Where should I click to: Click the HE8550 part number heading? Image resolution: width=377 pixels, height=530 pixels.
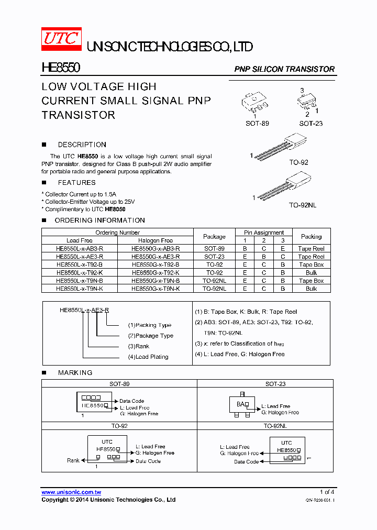pos(61,69)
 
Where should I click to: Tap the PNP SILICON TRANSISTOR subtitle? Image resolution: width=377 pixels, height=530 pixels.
pos(284,69)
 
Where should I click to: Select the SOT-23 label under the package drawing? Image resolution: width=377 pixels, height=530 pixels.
pos(311,124)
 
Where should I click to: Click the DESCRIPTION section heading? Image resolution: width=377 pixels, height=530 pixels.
pos(82,145)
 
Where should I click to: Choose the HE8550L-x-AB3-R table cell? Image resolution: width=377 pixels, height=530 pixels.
pos(80,249)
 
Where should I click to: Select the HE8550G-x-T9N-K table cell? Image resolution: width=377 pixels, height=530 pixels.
pos(156,289)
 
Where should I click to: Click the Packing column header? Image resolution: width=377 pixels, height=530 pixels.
pos(312,236)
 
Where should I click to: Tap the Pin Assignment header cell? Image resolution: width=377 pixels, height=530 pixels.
pos(264,233)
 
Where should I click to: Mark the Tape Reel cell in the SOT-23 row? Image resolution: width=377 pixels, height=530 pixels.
pos(312,257)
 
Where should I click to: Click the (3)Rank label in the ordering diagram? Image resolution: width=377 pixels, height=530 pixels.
pos(139,346)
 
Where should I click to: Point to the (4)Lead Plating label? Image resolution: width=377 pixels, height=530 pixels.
pos(148,357)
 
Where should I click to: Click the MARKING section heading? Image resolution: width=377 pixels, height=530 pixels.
pos(75,372)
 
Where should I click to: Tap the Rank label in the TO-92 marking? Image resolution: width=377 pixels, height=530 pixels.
pos(73,460)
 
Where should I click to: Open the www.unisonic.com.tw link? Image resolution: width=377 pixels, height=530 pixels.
pos(71,492)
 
